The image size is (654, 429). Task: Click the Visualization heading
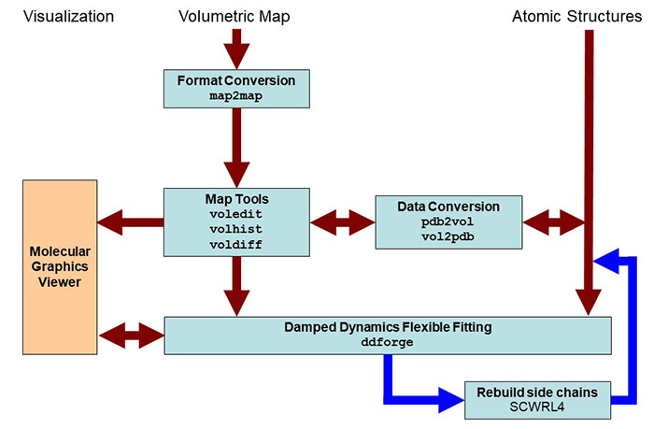[x=68, y=16]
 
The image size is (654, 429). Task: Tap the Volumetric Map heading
[x=234, y=17]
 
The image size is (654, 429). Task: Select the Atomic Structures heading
[x=576, y=16]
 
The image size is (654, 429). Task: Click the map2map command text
[x=236, y=96]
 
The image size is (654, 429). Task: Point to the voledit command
[x=236, y=214]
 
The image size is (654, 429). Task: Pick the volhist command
[x=236, y=229]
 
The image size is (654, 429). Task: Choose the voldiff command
[x=236, y=244]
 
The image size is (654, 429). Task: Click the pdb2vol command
[x=448, y=222]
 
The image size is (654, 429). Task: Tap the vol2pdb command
[x=448, y=236]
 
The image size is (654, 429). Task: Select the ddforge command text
[x=388, y=342]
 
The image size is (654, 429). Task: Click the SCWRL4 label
[x=537, y=407]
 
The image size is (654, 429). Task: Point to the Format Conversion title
[x=236, y=80]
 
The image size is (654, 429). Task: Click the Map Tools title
[x=236, y=199]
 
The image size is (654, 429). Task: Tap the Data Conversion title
[x=448, y=207]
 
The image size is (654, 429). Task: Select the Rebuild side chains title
[x=537, y=393]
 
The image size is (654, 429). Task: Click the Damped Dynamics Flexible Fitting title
[x=388, y=327]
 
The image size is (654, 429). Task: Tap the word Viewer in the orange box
[x=60, y=282]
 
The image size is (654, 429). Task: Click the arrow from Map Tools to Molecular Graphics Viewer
[x=131, y=222]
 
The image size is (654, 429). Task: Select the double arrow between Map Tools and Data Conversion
[x=343, y=222]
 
